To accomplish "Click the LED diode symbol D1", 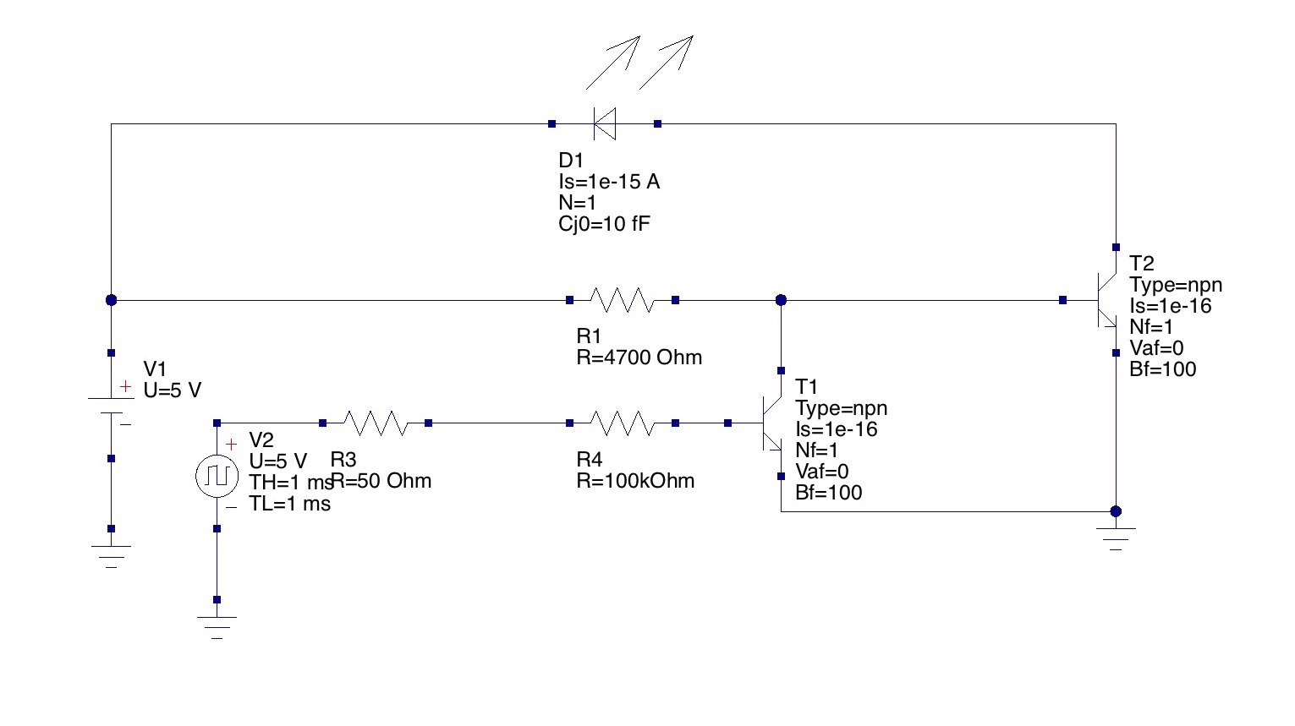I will point(604,123).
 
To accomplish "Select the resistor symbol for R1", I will point(622,300).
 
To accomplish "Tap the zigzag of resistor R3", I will point(375,423).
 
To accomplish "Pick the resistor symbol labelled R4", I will point(622,423).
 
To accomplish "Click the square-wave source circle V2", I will point(217,477).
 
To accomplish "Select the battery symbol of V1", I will point(111,405).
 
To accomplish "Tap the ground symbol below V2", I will point(217,626).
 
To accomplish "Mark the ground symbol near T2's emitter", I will point(1116,538).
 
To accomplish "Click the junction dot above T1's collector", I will point(781,300).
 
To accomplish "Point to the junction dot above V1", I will point(111,300).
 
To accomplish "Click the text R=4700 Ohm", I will point(639,358).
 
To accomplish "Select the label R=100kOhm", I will point(635,481).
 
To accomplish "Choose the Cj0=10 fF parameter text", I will point(604,224).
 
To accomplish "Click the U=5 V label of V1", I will point(173,390).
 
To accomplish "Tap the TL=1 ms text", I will point(289,505).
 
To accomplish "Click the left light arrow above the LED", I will point(613,62).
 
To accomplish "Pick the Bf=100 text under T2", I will point(1162,369).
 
